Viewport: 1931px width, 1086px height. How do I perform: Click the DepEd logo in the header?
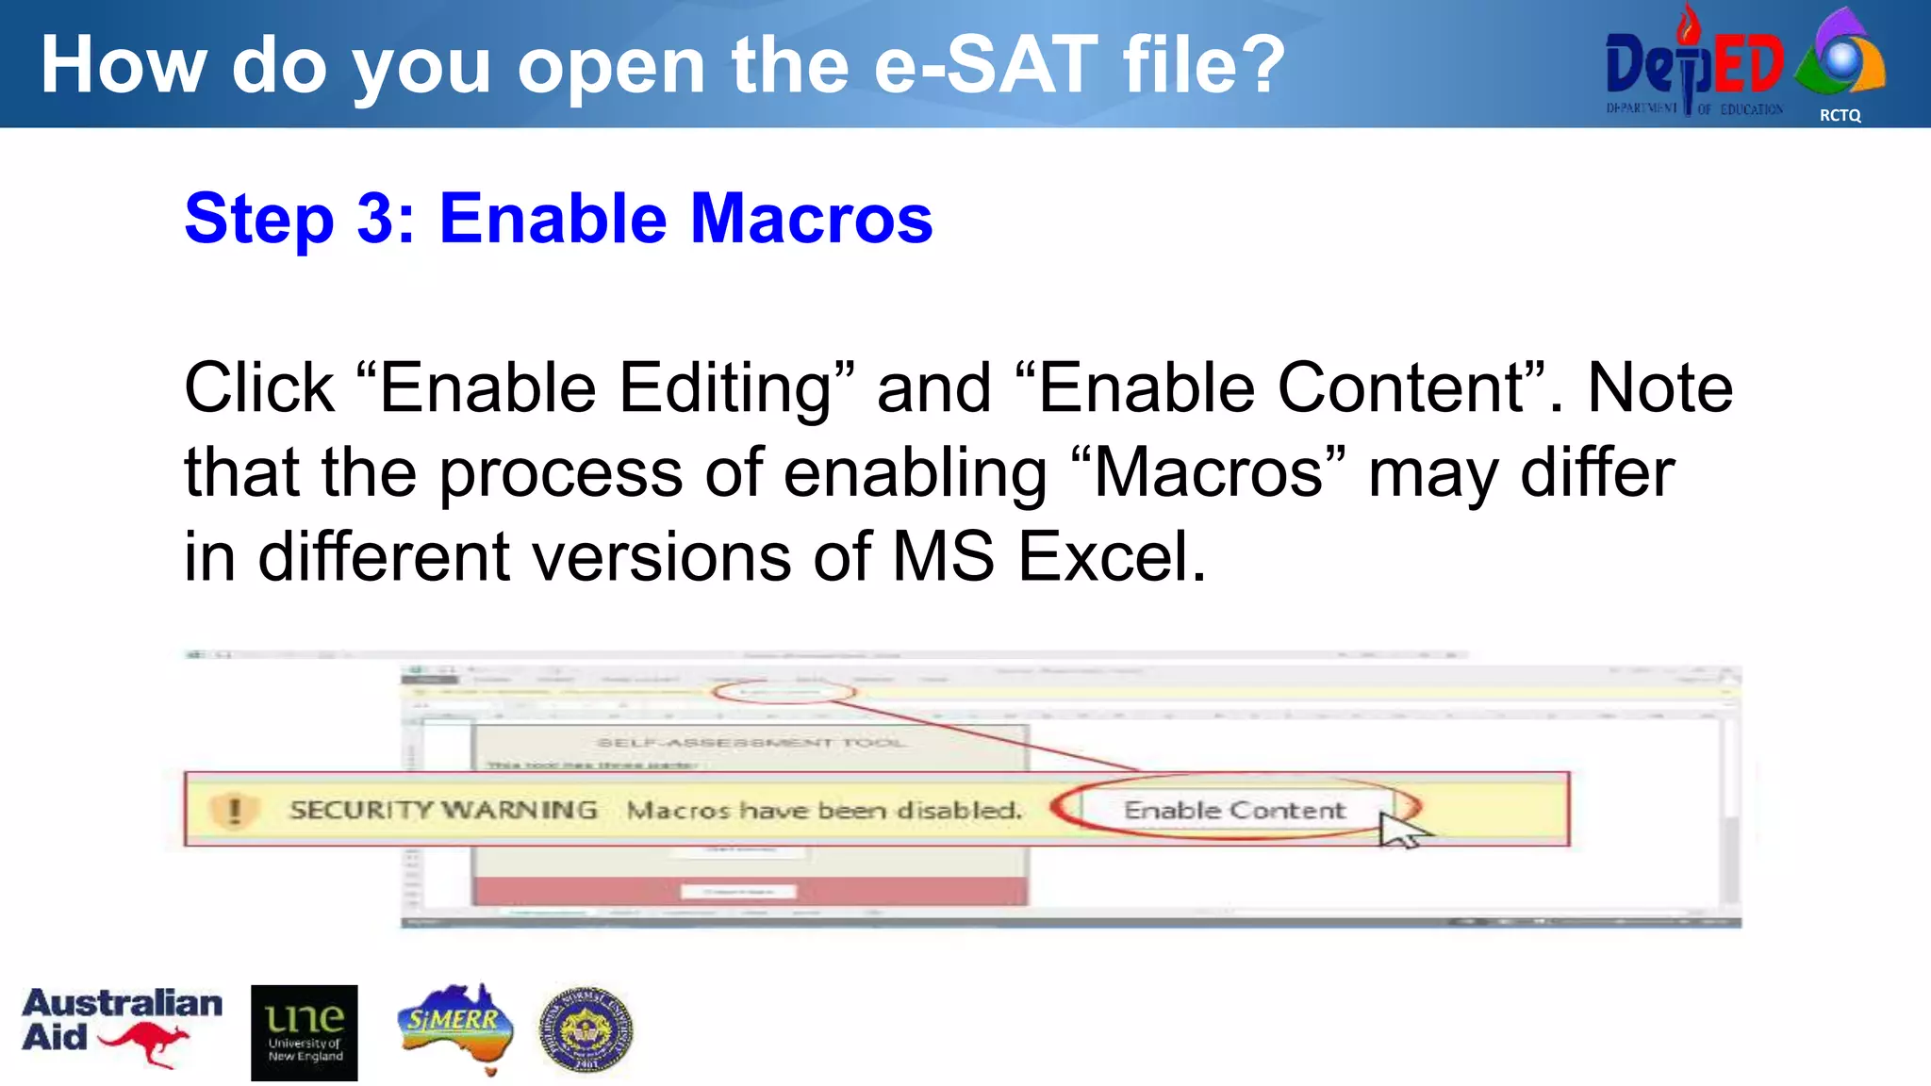[x=1693, y=64]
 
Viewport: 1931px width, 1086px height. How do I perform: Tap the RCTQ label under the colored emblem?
[x=1840, y=115]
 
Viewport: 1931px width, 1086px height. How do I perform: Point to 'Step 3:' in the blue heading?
[x=299, y=219]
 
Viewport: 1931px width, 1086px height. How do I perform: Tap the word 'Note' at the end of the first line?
[x=1659, y=388]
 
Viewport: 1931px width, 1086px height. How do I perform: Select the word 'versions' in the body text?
[x=662, y=556]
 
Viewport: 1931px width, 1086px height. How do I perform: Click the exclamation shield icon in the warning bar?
[x=234, y=810]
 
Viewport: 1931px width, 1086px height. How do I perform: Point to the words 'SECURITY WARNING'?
[x=443, y=810]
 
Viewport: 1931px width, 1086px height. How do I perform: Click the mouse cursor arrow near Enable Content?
[x=1401, y=830]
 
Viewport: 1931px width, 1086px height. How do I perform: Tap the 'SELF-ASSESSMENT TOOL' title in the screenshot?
[x=751, y=743]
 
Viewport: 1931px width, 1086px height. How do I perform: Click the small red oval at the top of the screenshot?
[x=783, y=692]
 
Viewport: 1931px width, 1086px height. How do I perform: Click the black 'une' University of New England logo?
[x=304, y=1032]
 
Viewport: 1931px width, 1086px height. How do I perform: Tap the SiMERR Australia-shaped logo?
[x=456, y=1026]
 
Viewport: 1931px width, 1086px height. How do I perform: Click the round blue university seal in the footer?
[x=586, y=1030]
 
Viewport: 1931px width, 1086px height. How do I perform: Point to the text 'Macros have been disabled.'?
[x=824, y=810]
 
